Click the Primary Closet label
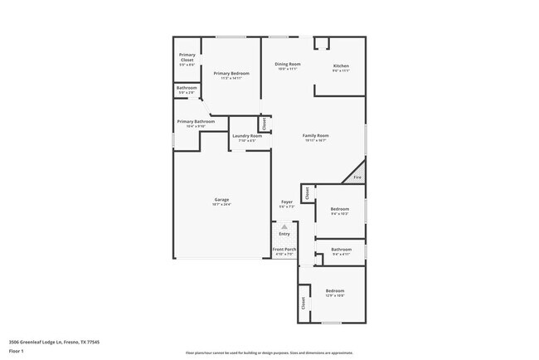click(187, 58)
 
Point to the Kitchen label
click(341, 67)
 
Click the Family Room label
click(315, 137)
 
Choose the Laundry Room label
click(246, 138)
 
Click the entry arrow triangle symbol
click(284, 226)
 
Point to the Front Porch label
click(284, 251)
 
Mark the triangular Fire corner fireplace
click(357, 175)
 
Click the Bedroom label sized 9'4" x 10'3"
click(339, 211)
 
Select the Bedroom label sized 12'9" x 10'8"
click(334, 293)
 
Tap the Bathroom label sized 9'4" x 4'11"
click(341, 251)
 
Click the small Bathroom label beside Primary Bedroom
click(187, 90)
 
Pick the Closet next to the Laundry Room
click(264, 124)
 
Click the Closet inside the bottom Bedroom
click(303, 304)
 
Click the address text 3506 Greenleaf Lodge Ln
click(49, 341)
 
